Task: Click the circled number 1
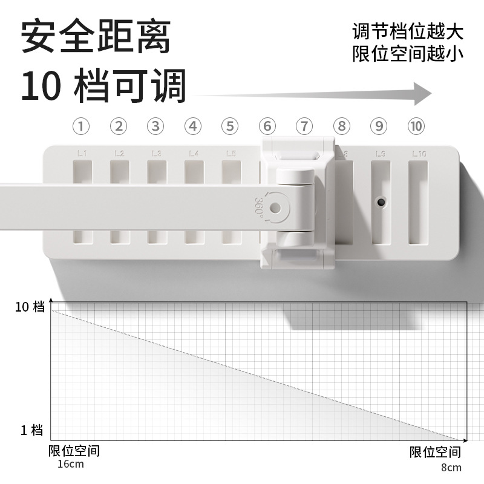click(82, 126)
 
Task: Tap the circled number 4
click(192, 126)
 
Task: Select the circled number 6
click(267, 126)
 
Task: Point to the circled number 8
click(342, 126)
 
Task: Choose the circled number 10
click(416, 126)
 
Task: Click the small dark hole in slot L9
click(381, 200)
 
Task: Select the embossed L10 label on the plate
click(419, 154)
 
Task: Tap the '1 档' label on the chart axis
click(32, 430)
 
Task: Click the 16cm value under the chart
click(71, 464)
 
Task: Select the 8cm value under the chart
click(451, 467)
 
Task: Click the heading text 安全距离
click(96, 38)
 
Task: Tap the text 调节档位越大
click(408, 30)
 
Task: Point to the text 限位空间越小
click(408, 53)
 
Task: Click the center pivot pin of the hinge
click(275, 208)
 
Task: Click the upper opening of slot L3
click(156, 172)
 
